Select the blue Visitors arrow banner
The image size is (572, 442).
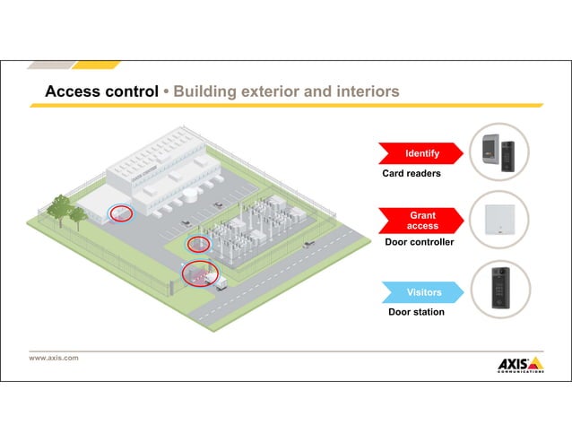(x=421, y=292)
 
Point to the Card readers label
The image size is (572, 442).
(x=412, y=173)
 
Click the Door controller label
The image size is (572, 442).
(x=419, y=242)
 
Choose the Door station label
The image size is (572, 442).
(x=416, y=312)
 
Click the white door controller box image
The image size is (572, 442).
(x=499, y=220)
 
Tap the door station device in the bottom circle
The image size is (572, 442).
(x=499, y=289)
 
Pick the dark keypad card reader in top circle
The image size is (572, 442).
(x=508, y=151)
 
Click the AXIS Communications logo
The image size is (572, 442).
(x=520, y=364)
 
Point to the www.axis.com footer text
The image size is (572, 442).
(x=54, y=358)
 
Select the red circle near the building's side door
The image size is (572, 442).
(x=120, y=214)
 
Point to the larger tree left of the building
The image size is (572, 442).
(x=59, y=210)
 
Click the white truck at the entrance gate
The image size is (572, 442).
(x=214, y=280)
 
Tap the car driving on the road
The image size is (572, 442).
(x=308, y=243)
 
